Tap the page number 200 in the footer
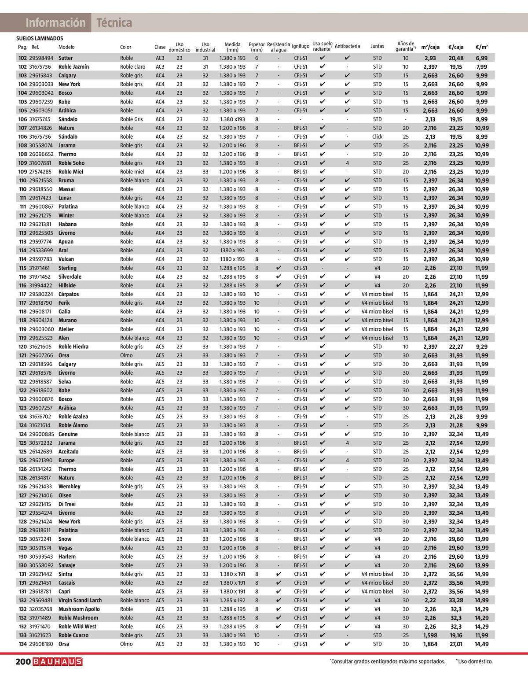click(x=23, y=662)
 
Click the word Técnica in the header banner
click(x=114, y=23)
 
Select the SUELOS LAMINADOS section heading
click(x=40, y=39)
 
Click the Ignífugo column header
click(x=301, y=47)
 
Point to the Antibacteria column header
click(x=347, y=46)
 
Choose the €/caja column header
click(x=456, y=47)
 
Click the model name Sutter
click(x=66, y=58)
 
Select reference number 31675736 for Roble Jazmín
click(x=41, y=67)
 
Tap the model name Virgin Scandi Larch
click(x=80, y=600)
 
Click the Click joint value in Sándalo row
click(x=377, y=137)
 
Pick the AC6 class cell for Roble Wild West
click(x=160, y=627)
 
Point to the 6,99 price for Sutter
click(x=481, y=58)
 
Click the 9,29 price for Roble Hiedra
click(x=481, y=347)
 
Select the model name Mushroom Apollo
click(x=79, y=609)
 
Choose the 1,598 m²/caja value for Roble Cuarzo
click(x=430, y=635)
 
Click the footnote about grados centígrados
click(x=387, y=661)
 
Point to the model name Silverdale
click(x=70, y=276)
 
